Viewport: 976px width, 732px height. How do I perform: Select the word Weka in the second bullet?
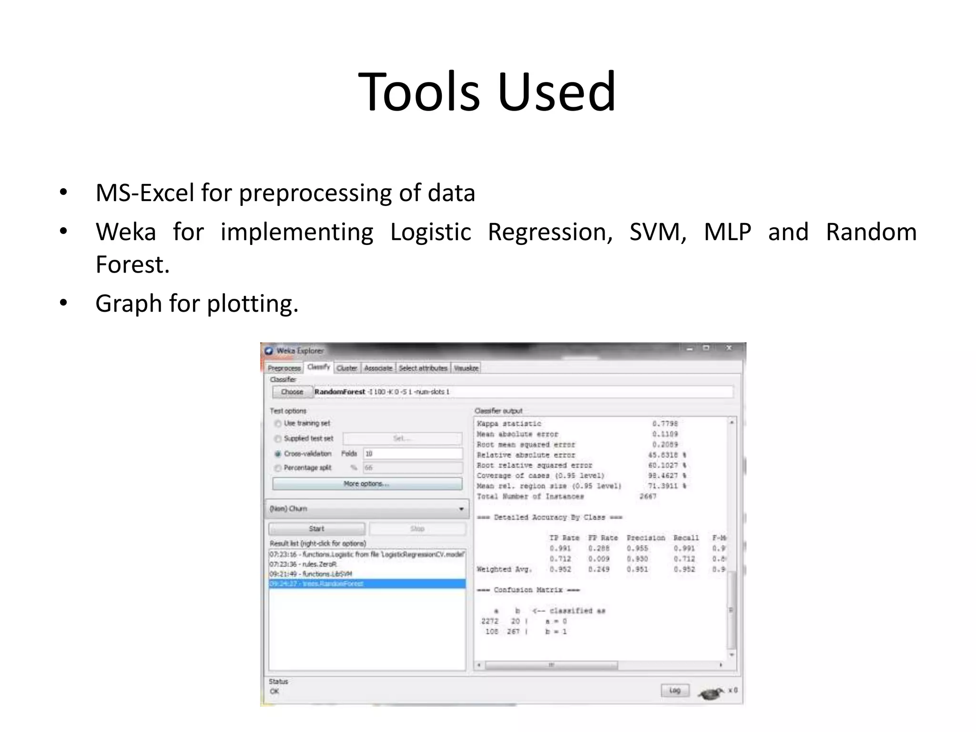point(125,233)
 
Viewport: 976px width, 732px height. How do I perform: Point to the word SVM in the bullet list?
point(657,233)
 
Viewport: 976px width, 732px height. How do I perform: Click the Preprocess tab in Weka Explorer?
point(284,368)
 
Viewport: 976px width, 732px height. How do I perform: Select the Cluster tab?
point(346,368)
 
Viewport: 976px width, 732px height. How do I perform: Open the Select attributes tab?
point(423,368)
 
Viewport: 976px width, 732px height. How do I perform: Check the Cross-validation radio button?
point(278,454)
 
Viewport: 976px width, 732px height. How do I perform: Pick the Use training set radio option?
point(278,424)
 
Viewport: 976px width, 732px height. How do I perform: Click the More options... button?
point(366,484)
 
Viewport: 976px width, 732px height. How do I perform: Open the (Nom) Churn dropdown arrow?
point(461,509)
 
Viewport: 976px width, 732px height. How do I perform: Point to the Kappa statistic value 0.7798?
point(665,424)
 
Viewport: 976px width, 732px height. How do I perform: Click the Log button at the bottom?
point(674,690)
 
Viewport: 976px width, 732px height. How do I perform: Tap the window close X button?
point(728,348)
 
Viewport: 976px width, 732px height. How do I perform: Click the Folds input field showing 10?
point(412,454)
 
